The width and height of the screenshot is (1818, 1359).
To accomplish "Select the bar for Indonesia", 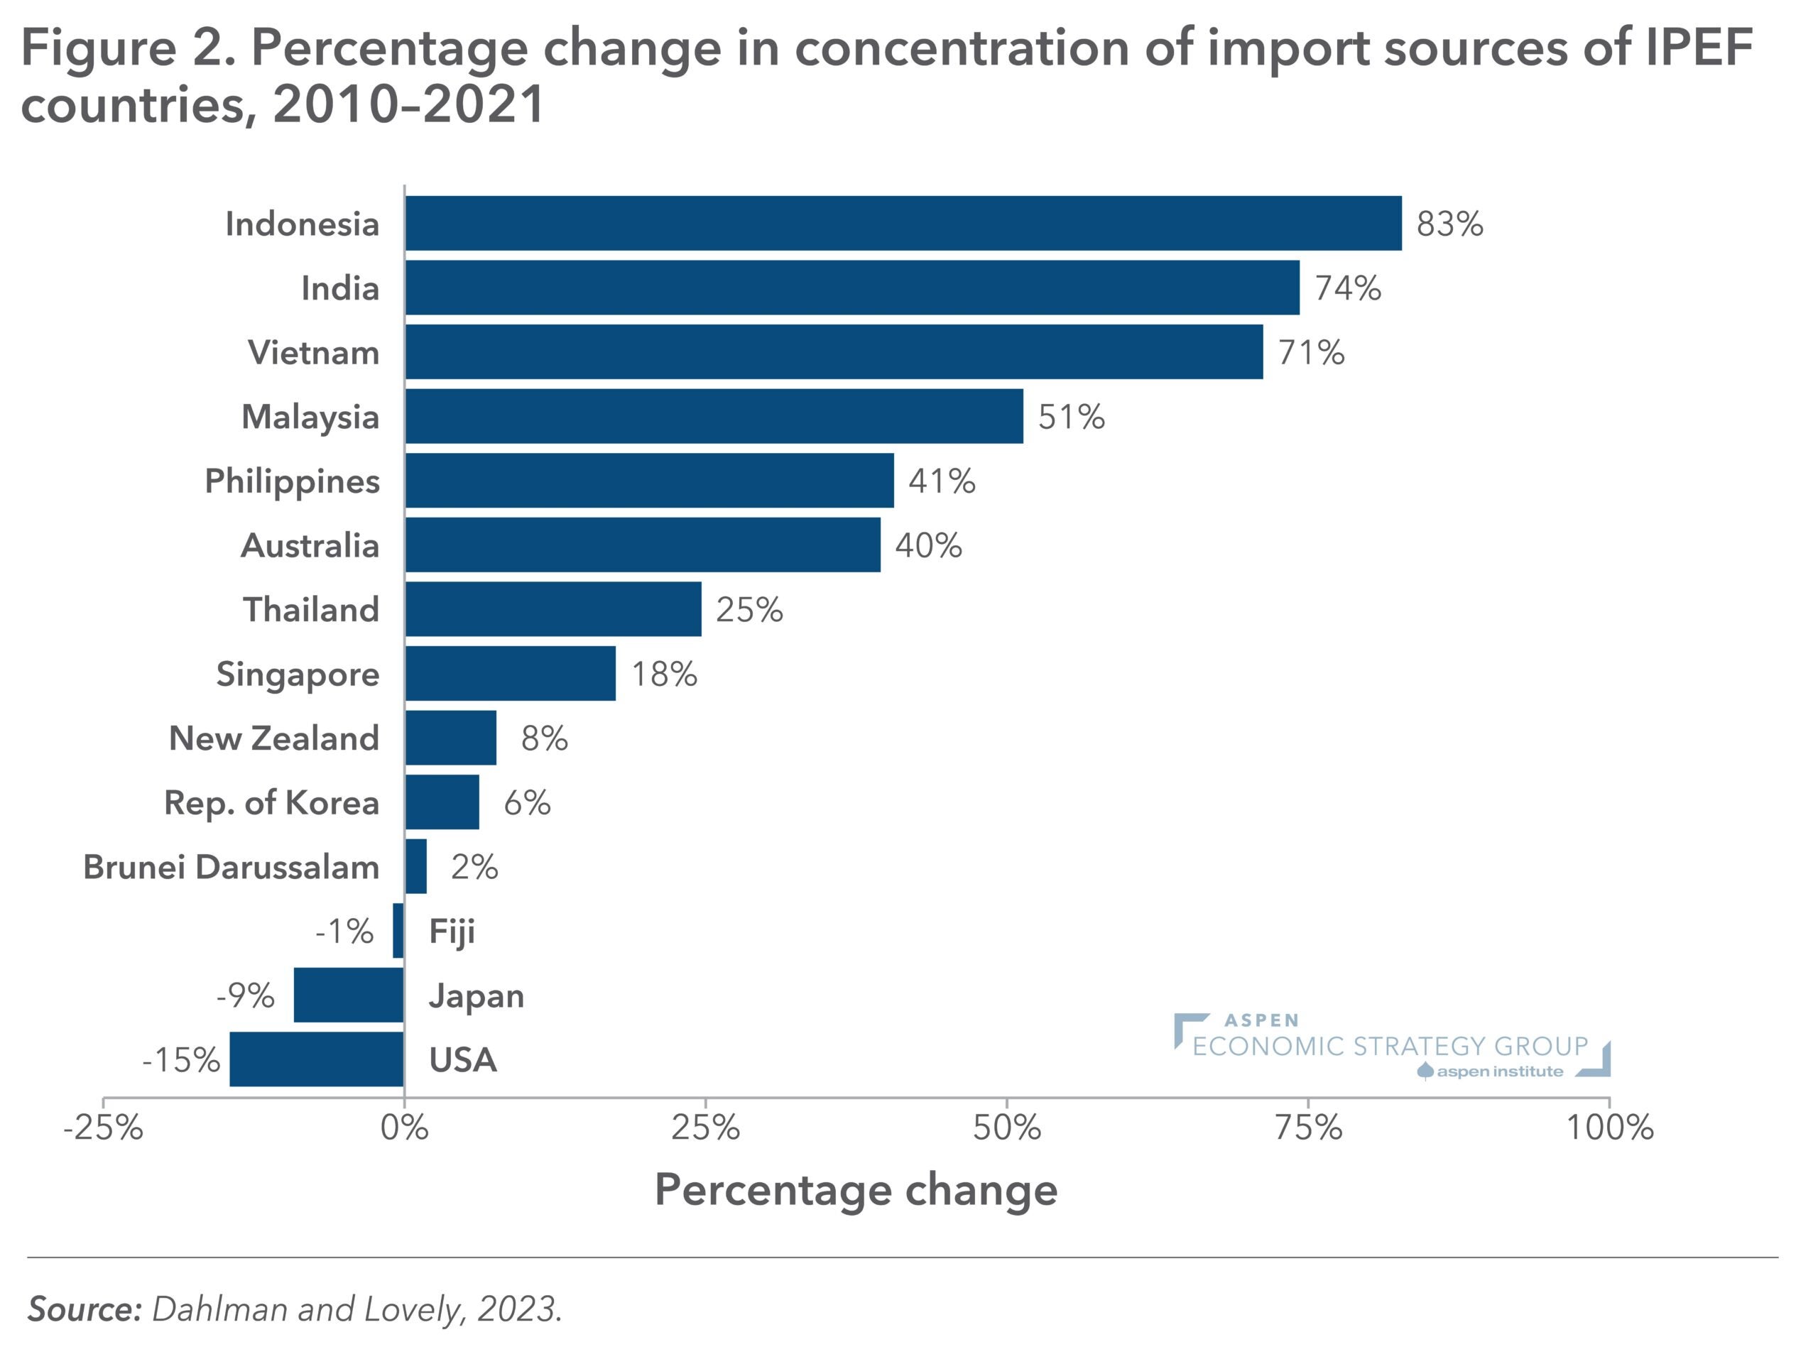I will tap(903, 223).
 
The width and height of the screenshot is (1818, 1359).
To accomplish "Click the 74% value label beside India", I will tap(1348, 288).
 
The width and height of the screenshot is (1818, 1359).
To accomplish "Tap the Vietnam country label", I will tap(313, 352).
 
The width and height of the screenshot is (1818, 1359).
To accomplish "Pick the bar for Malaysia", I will tap(714, 417).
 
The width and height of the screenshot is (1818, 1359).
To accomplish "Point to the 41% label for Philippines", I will tap(942, 481).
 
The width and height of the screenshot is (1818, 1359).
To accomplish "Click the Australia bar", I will tap(642, 545).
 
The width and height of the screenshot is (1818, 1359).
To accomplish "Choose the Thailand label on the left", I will tap(310, 610).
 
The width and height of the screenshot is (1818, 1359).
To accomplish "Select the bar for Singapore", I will tap(510, 674).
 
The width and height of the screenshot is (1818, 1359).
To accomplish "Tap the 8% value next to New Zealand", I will tap(544, 738).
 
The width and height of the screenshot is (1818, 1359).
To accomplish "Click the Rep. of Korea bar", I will tap(442, 802).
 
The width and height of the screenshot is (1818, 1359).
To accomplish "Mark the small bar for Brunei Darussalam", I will tap(416, 866).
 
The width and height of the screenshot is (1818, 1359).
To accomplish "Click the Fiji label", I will tap(452, 932).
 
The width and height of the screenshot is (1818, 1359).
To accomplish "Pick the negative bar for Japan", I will tap(349, 995).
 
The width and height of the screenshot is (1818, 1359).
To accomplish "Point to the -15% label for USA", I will tap(181, 1060).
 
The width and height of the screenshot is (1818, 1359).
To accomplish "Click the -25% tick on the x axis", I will tap(104, 1128).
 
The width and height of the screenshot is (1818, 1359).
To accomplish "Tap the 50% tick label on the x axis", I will tap(1007, 1128).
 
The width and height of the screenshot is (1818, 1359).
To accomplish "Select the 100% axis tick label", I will tap(1609, 1128).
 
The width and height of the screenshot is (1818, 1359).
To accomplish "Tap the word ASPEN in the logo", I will tap(1261, 1020).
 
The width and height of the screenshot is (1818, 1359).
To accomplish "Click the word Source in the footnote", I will tap(85, 1309).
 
